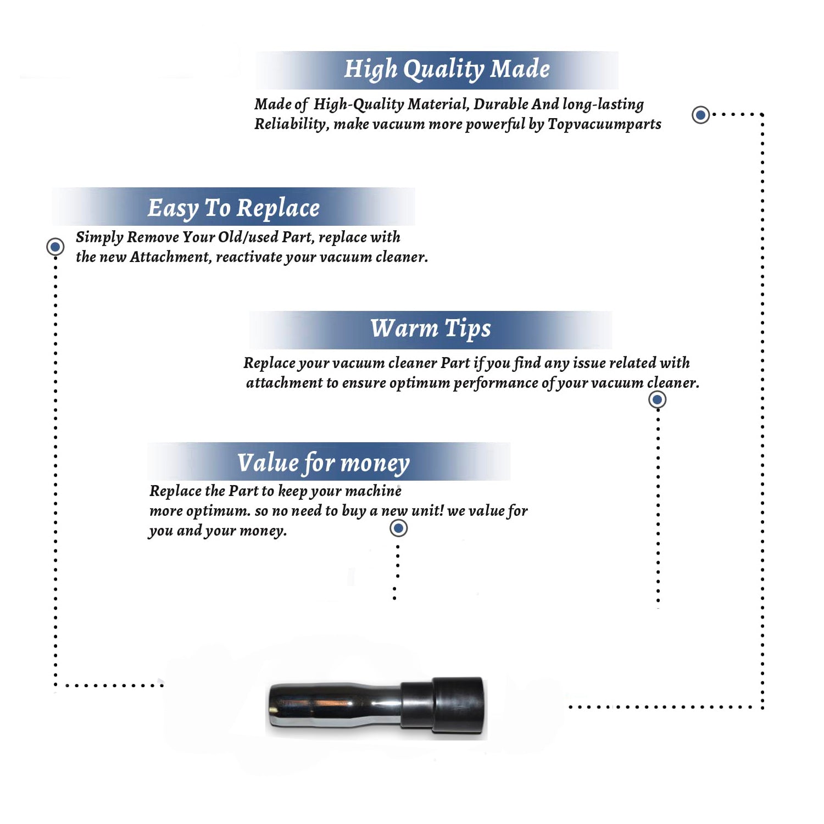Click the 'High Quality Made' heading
click(x=447, y=70)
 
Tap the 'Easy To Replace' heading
click(x=233, y=208)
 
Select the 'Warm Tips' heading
click(x=431, y=329)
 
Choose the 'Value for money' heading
click(x=324, y=463)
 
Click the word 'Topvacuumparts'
click(x=604, y=124)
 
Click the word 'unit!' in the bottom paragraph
click(x=427, y=511)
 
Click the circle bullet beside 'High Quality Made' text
click(x=700, y=115)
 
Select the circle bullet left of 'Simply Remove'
click(x=55, y=247)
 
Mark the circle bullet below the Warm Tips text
click(x=657, y=399)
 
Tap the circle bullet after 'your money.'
click(x=398, y=528)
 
